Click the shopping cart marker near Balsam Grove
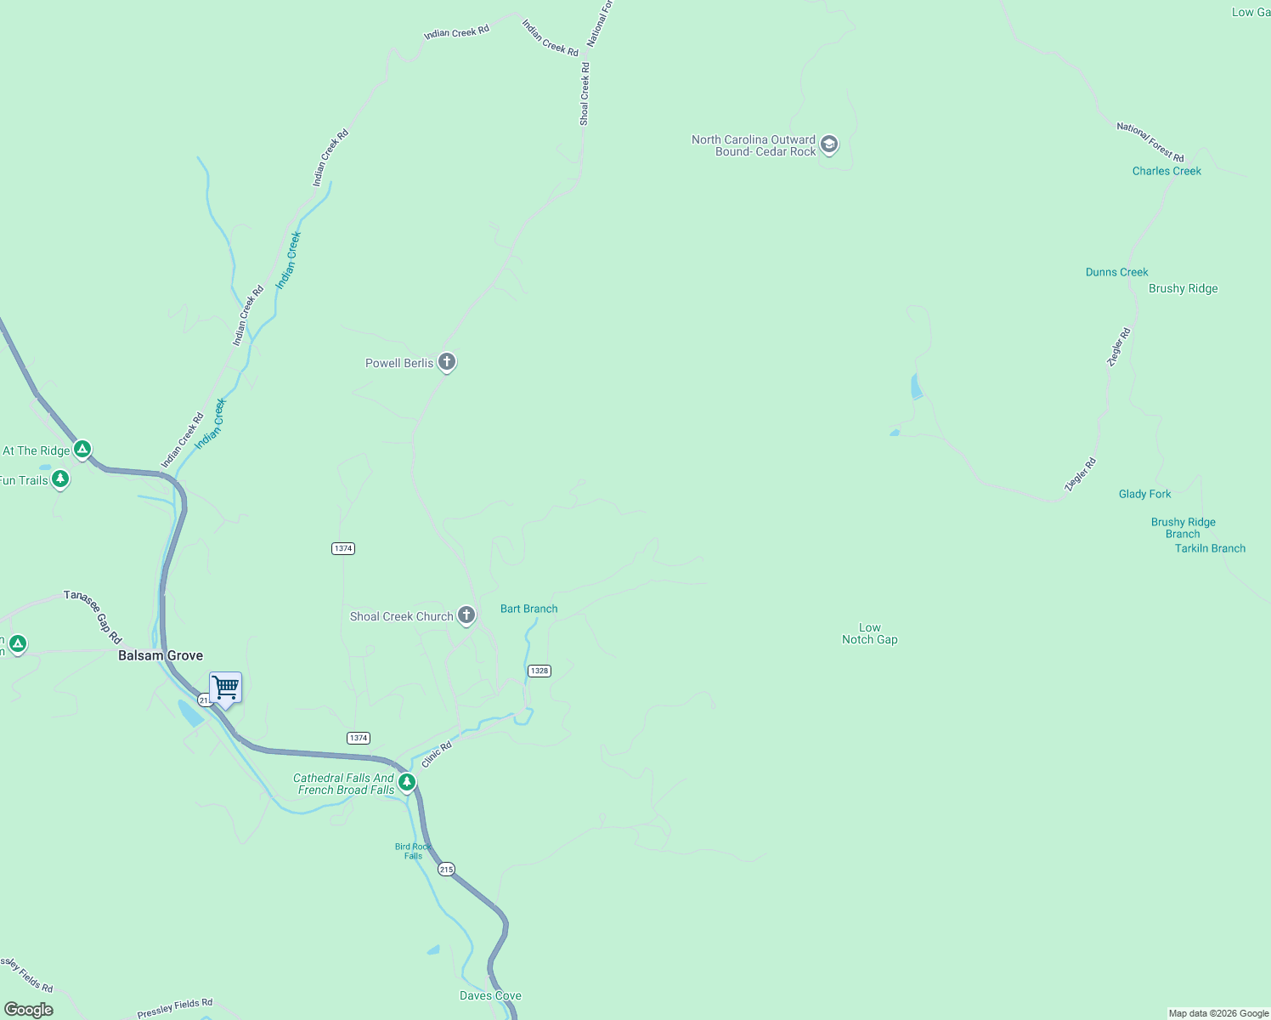225,688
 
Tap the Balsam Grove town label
161,655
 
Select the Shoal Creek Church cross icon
466,615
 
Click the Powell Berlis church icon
447,362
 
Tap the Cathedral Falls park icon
408,782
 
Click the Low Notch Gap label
869,634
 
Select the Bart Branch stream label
528,609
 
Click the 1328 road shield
539,671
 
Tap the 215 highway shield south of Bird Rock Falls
447,870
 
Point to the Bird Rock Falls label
414,851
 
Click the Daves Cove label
490,995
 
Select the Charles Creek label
1166,171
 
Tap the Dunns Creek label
1116,272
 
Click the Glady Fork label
1144,494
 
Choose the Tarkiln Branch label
1210,548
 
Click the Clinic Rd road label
437,754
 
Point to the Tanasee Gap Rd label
93,616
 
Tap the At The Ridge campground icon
82,449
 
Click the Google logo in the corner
29,1010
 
